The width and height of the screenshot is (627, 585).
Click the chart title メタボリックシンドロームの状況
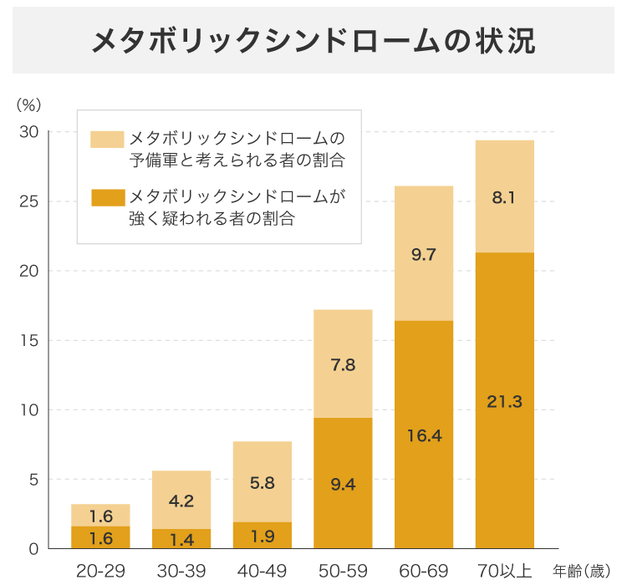pos(313,40)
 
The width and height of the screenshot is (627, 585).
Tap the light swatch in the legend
pos(107,139)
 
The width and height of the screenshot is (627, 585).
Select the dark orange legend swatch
pos(107,198)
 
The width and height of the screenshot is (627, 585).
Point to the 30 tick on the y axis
pos(29,132)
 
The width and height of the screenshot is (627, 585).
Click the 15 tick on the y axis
pos(29,340)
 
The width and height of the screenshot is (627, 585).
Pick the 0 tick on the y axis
pos(33,549)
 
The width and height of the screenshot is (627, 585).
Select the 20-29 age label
pos(100,572)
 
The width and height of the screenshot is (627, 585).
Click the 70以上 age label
pos(504,572)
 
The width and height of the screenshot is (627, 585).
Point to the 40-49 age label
pos(263,572)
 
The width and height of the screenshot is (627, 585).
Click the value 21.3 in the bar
pos(504,402)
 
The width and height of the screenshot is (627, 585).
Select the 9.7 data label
pos(424,255)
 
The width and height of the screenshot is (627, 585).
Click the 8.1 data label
pos(504,198)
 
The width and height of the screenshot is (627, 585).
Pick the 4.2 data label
pos(181,501)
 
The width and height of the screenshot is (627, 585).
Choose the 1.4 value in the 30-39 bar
pos(181,540)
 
